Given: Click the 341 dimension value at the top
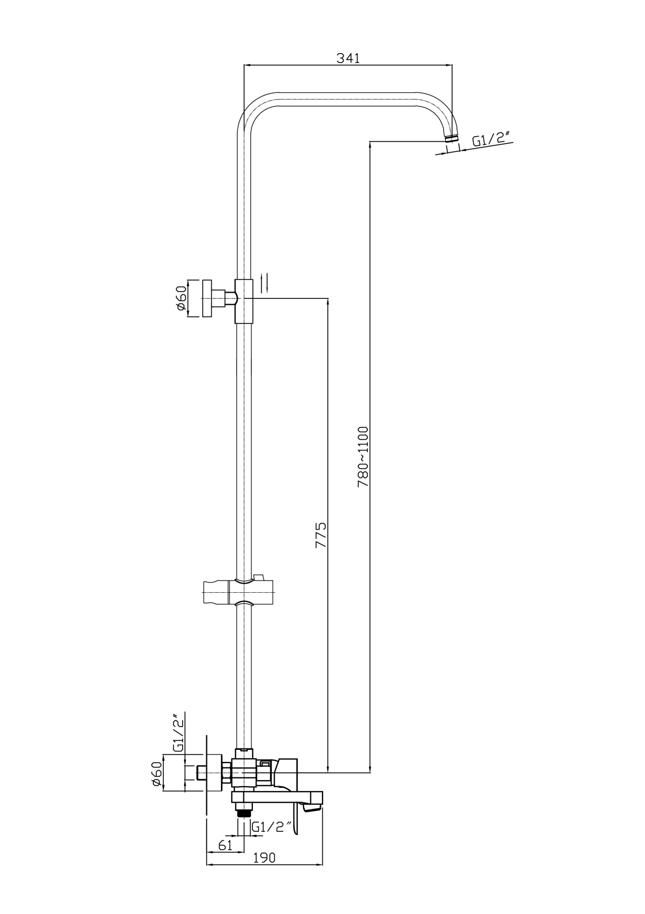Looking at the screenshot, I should (348, 58).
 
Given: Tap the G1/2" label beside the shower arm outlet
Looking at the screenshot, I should (490, 139).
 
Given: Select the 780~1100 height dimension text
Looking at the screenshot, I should (363, 457).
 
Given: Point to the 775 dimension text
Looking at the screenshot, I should (321, 535).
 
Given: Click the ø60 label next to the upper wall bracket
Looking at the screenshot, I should (181, 298).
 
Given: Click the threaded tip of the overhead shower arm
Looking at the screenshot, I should (451, 137).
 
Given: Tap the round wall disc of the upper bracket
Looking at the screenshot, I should (207, 298).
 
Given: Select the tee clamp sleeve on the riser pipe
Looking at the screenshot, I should (244, 300).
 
